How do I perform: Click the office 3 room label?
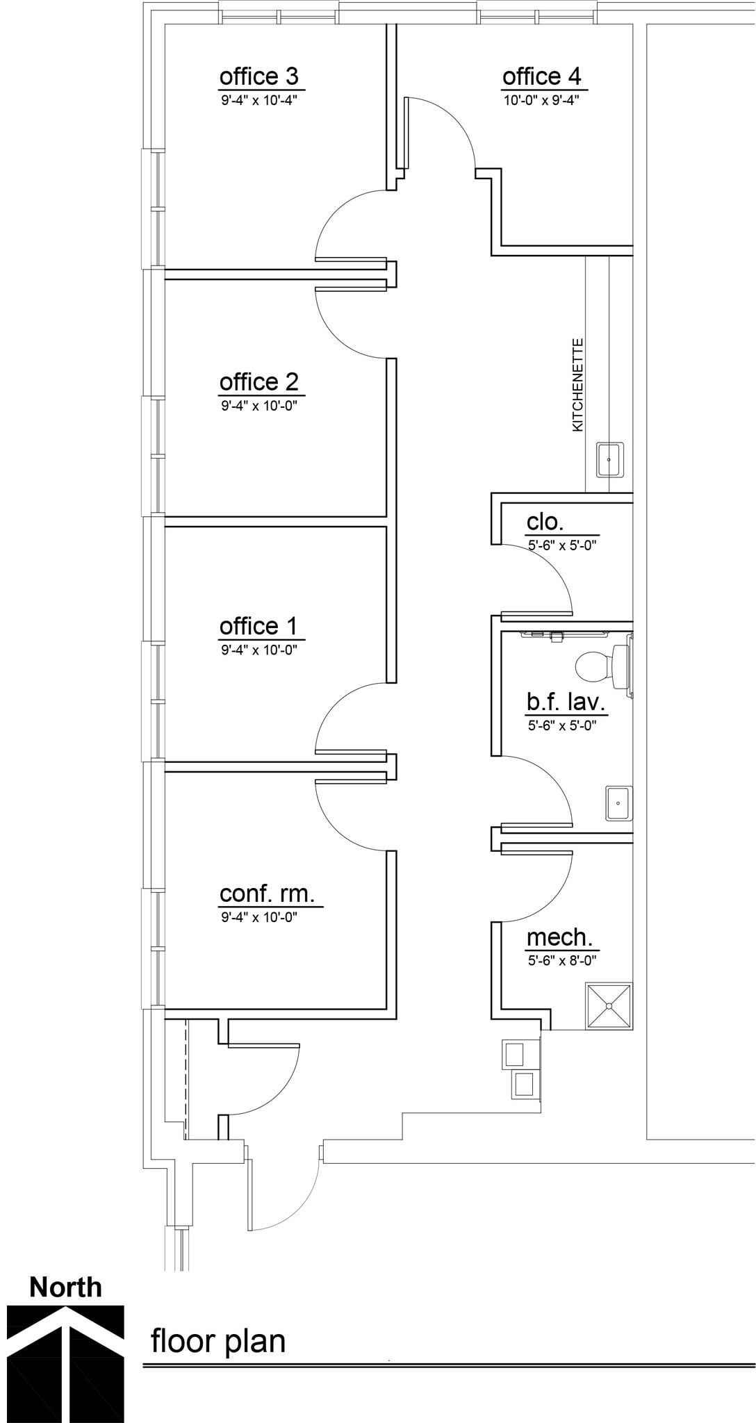click(x=258, y=76)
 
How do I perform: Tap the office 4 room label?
click(x=541, y=76)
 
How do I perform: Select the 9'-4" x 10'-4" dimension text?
click(x=259, y=100)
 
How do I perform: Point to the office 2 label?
click(x=258, y=382)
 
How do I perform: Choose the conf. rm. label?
click(x=267, y=894)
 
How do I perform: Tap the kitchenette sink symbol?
click(x=610, y=460)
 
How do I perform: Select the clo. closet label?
click(x=545, y=522)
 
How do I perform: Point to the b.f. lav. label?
click(x=566, y=702)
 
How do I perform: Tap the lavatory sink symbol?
click(x=618, y=803)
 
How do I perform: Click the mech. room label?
click(x=559, y=938)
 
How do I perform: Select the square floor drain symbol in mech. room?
click(x=609, y=1005)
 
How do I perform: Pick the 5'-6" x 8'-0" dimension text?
click(x=562, y=961)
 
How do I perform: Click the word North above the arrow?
click(x=65, y=1288)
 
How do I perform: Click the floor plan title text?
click(x=218, y=1341)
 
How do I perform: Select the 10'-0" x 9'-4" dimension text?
click(x=541, y=100)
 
